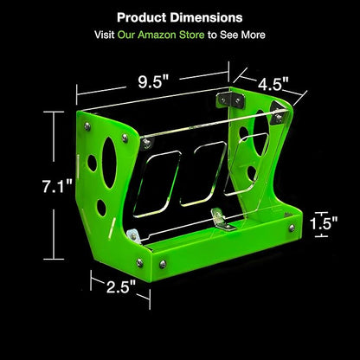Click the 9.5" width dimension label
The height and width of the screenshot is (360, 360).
[153, 82]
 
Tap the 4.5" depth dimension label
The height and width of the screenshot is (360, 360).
[273, 85]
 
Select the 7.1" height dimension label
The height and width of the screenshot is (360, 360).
[57, 186]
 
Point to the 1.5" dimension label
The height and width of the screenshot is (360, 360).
[324, 223]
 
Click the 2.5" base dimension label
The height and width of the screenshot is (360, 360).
[121, 286]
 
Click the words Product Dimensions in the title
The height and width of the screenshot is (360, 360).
[180, 17]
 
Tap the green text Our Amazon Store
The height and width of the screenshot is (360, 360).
[161, 35]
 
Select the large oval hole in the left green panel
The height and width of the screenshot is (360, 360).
[109, 163]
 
